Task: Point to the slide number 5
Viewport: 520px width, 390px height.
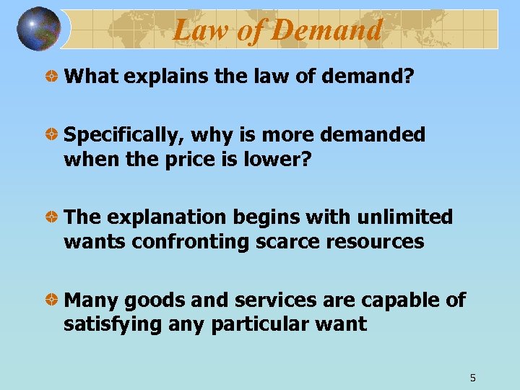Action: tap(472, 377)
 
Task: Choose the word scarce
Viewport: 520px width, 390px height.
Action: tap(284, 241)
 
